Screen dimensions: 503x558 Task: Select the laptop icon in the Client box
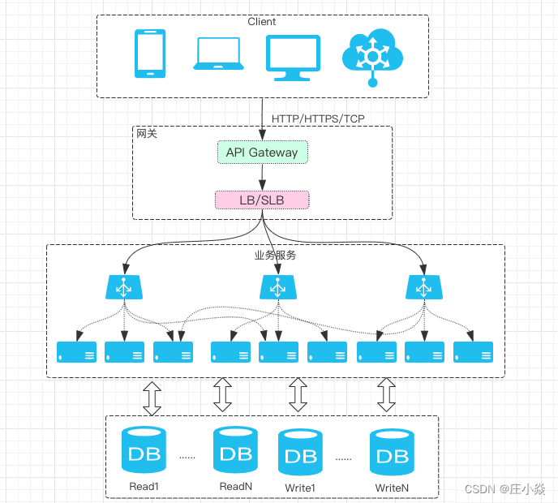[x=217, y=54]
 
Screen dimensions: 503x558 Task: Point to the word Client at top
[x=262, y=22]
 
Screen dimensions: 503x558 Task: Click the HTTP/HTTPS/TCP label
[x=318, y=119]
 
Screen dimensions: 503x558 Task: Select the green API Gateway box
[x=262, y=152]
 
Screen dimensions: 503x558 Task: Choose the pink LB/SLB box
[x=261, y=200]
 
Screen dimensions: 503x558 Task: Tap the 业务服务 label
[x=276, y=255]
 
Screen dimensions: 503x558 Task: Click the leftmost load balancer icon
[x=123, y=286]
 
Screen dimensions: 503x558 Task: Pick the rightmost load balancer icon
[x=423, y=286]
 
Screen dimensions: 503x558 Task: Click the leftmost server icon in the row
[x=77, y=352]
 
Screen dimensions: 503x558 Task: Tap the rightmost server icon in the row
[x=474, y=352]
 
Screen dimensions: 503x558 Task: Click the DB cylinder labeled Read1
[x=144, y=450]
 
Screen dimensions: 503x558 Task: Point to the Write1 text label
[x=300, y=488]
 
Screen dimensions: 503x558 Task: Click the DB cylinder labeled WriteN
[x=393, y=453]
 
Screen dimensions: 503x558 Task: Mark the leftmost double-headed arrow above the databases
[x=152, y=397]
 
